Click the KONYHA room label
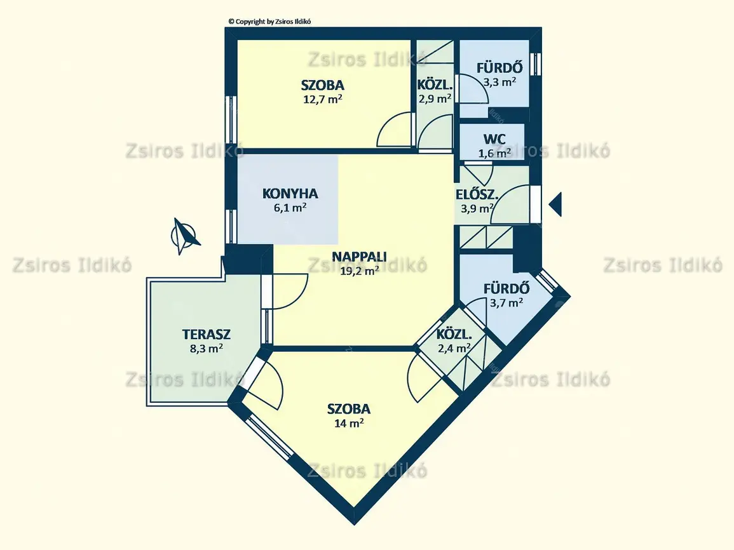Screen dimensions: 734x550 pos(290,193)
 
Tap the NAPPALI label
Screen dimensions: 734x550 pos(359,257)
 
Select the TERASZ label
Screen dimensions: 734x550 pos(207,335)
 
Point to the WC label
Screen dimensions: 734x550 pos(494,139)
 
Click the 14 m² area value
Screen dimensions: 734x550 pos(350,423)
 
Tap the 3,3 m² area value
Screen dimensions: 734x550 pos(500,82)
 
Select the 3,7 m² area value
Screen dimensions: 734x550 pos(506,302)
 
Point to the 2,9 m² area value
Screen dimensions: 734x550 pos(435,98)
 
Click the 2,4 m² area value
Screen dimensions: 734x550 pos(454,348)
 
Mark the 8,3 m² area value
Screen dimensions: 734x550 pos(207,348)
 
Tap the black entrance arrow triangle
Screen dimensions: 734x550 pos(555,204)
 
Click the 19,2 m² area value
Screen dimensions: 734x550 pos(359,271)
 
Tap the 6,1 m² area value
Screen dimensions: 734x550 pos(290,207)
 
